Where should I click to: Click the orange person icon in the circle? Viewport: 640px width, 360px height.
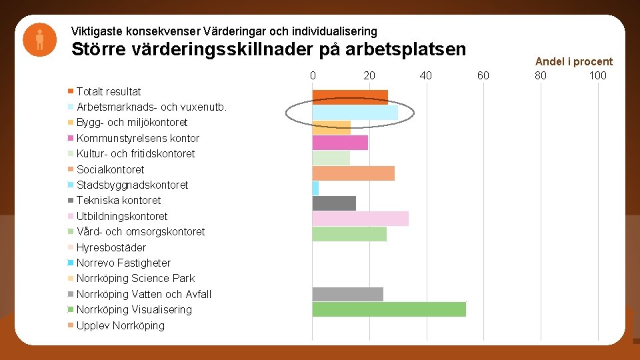(40, 39)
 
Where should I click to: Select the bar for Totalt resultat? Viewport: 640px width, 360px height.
(350, 97)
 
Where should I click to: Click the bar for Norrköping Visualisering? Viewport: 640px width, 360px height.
(389, 309)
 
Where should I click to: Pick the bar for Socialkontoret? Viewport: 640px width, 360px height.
(353, 173)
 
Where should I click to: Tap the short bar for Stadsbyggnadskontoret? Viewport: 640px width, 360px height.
(315, 189)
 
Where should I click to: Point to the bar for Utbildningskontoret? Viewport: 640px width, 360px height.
(360, 219)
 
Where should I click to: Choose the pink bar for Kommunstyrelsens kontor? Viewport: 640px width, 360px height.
(340, 143)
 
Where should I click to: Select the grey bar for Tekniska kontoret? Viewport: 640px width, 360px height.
(334, 203)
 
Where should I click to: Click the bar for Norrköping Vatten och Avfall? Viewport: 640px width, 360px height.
(347, 294)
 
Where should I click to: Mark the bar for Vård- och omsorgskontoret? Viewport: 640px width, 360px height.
(349, 234)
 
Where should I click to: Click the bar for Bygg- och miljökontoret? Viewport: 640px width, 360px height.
(331, 127)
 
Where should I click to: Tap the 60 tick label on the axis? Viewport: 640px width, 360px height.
(483, 75)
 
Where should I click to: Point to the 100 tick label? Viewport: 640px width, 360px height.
(597, 75)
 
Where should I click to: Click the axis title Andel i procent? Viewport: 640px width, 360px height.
(573, 61)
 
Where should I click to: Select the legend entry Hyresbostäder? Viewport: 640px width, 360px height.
(111, 247)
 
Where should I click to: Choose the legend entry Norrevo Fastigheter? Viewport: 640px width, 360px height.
(123, 263)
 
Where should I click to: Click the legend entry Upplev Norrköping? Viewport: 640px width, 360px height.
(120, 325)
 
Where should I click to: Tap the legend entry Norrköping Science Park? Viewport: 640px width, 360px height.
(135, 278)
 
